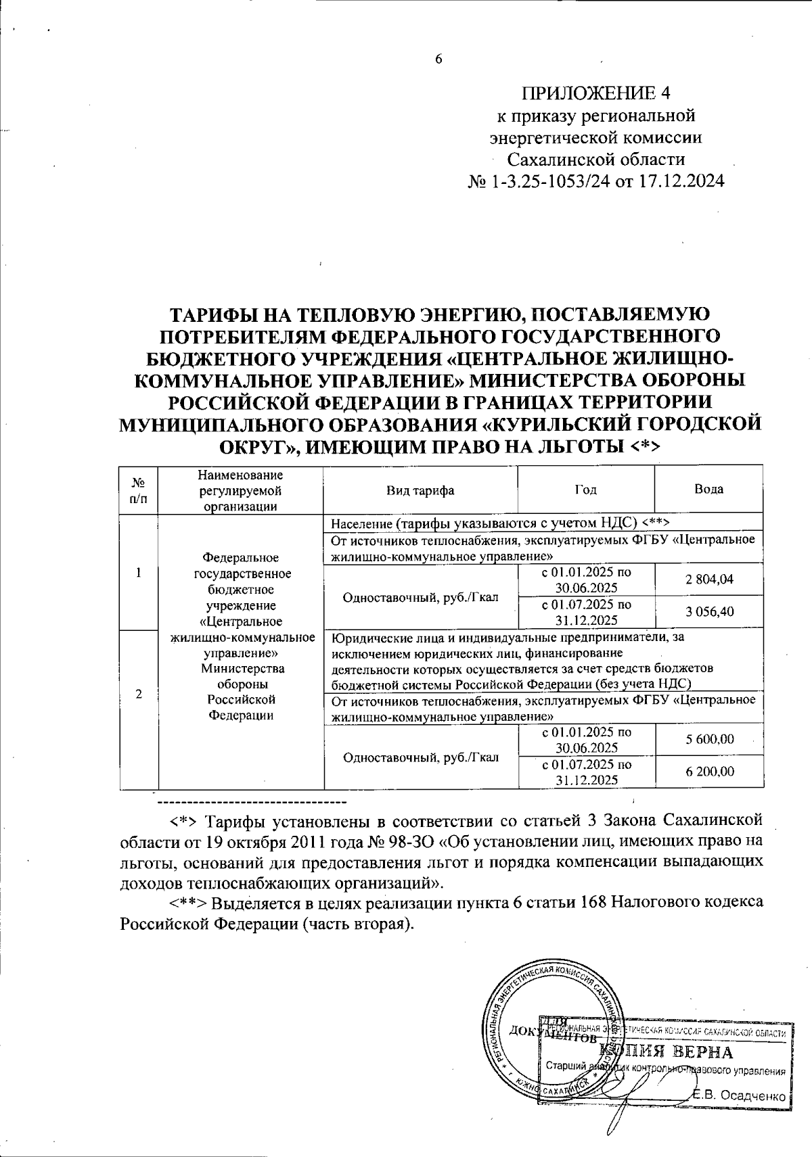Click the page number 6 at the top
click(x=438, y=59)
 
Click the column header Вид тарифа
click(x=420, y=490)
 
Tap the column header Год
click(x=585, y=490)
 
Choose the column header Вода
click(x=708, y=489)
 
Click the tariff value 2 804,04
click(x=709, y=579)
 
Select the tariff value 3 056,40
click(x=709, y=612)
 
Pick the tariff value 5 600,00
click(x=709, y=739)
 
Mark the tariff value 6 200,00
click(x=709, y=772)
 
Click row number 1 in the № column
click(x=139, y=572)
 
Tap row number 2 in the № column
click(x=139, y=694)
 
